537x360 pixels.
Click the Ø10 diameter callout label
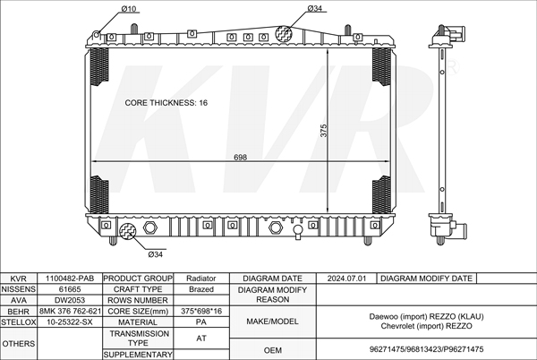129,9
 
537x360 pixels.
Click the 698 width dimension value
240,158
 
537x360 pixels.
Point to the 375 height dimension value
324,131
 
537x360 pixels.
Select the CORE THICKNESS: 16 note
166,103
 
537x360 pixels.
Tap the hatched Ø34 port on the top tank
284,34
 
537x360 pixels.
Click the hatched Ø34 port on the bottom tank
128,231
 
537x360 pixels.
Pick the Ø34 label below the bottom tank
155,254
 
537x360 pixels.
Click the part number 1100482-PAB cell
70,279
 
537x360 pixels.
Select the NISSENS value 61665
70,289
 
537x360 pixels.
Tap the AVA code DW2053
70,300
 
